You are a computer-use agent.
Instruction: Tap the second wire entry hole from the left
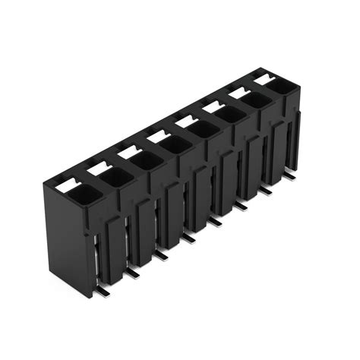112,178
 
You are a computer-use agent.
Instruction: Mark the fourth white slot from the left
156,135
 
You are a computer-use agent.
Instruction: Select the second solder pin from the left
132,270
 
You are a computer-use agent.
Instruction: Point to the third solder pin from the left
161,255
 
